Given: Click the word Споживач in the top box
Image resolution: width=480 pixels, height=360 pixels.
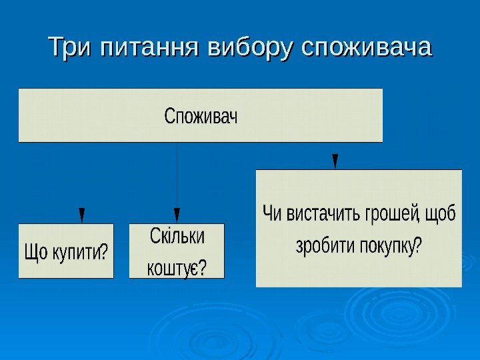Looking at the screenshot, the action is pyautogui.click(x=201, y=117).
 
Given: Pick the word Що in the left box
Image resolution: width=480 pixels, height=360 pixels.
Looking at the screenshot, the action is pyautogui.click(x=35, y=253).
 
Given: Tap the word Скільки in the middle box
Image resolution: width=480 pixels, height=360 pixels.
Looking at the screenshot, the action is pyautogui.click(x=177, y=237).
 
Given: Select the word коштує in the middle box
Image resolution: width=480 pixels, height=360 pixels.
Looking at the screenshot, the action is pyautogui.click(x=171, y=268).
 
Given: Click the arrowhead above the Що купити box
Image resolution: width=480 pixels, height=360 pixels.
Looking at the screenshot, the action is pyautogui.click(x=81, y=215).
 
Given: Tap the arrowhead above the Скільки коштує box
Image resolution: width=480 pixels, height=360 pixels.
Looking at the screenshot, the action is pyautogui.click(x=177, y=215).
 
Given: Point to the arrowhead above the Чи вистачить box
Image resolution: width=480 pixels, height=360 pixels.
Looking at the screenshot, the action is pyautogui.click(x=335, y=161).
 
